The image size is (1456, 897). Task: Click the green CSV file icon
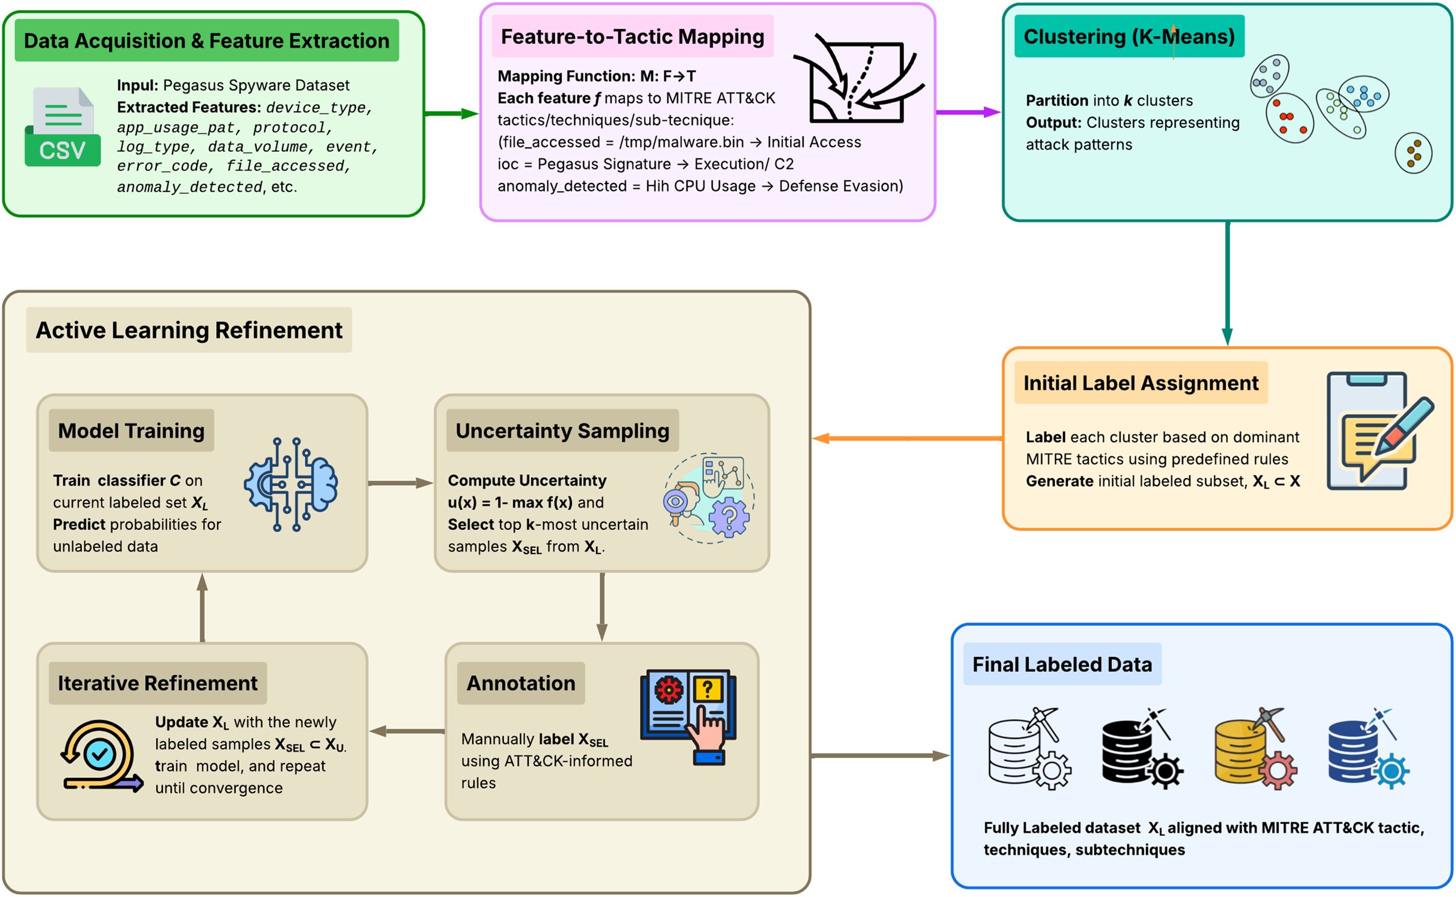click(62, 127)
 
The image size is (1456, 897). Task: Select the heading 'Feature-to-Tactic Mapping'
click(632, 37)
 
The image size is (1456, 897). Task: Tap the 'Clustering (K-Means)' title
click(1129, 37)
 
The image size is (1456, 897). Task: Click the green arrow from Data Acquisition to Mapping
click(452, 113)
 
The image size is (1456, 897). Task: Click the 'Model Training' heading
click(131, 431)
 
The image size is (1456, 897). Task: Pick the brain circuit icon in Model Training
click(291, 484)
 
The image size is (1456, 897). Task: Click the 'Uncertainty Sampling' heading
click(562, 431)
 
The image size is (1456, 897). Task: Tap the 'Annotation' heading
click(521, 683)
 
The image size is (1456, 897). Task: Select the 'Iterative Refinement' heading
click(157, 683)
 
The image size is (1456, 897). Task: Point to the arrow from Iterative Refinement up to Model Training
click(202, 607)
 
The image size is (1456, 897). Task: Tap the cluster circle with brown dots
click(1413, 153)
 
